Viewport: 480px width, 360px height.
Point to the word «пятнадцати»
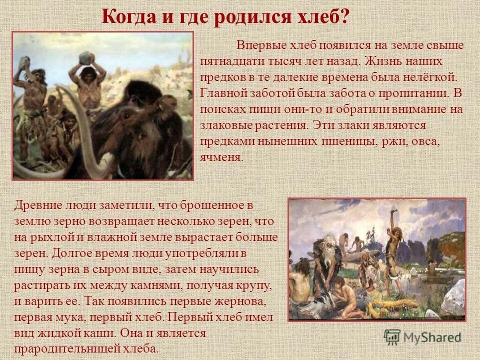click(x=230, y=62)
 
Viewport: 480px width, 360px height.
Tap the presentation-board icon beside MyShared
click(x=392, y=336)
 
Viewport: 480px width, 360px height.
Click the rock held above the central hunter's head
click(x=85, y=56)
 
